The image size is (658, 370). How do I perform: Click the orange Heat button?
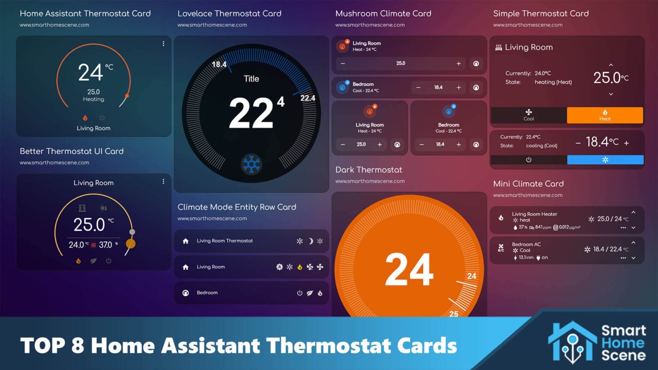604,115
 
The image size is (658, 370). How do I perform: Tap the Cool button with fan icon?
529,115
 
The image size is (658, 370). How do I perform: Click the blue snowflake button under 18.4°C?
605,160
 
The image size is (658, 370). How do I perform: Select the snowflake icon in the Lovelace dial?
251,164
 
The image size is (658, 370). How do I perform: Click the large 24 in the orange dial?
409,270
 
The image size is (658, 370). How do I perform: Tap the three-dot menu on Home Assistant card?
163,44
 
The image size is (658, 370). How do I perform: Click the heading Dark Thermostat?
368,170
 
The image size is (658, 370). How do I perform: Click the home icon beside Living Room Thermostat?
185,241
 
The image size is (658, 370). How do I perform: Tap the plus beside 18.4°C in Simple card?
626,143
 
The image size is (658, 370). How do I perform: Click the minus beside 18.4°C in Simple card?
578,143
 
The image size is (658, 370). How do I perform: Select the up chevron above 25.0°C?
611,65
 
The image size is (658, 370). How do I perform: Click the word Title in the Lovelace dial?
251,79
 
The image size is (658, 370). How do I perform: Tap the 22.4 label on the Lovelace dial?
308,98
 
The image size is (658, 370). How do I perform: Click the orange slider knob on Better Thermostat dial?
131,244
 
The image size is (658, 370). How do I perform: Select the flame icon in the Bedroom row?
320,293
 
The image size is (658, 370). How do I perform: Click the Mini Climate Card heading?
528,184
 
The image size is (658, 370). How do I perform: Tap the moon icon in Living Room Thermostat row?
311,241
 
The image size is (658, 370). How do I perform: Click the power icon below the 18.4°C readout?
529,160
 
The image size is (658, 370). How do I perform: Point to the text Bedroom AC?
526,245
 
